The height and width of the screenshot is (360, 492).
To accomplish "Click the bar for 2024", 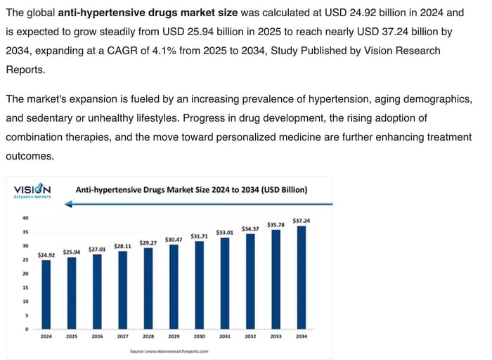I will [x=46, y=295].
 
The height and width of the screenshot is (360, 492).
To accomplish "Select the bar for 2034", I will [x=302, y=277].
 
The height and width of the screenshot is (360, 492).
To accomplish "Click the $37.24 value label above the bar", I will [x=302, y=221].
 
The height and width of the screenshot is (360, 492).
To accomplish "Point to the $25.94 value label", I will [x=72, y=252].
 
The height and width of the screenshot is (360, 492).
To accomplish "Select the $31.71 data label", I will [x=199, y=236].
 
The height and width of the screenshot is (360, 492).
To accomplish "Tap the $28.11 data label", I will [x=122, y=246].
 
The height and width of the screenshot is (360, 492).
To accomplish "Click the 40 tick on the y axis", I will [x=25, y=218].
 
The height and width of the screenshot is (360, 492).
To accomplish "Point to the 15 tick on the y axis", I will [x=25, y=287].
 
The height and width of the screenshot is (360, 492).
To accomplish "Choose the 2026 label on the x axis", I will [x=97, y=336].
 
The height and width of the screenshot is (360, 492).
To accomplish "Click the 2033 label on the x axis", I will [x=276, y=336].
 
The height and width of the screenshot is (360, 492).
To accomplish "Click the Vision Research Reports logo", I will [x=32, y=191].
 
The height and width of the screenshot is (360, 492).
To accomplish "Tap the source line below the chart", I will [x=169, y=350].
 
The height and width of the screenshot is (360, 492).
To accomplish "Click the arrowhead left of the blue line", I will [x=68, y=204].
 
